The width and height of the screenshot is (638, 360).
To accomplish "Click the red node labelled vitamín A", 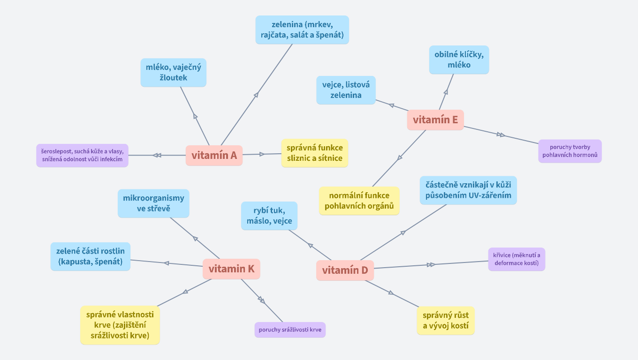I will [x=214, y=156].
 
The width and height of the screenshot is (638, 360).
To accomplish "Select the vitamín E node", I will [x=435, y=120].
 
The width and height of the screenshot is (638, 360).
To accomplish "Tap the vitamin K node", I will [x=231, y=269].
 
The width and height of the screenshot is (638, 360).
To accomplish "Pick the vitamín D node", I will [x=345, y=270].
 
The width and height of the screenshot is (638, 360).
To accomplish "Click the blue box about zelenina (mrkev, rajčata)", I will [x=302, y=30].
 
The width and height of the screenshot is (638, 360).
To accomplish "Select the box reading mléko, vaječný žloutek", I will [x=173, y=73].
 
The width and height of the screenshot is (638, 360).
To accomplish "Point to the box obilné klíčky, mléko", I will [x=459, y=60].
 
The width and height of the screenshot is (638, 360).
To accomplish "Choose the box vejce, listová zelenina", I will [x=346, y=90].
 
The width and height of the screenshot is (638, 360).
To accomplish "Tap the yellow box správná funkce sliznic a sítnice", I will [x=315, y=153].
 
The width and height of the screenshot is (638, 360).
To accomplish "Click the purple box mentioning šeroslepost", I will [x=82, y=155].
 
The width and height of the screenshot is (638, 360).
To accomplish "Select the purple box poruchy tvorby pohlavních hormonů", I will [x=570, y=151].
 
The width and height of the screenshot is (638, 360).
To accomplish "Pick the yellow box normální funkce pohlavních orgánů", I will [x=359, y=201].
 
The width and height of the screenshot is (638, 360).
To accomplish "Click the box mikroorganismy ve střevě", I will [x=153, y=203].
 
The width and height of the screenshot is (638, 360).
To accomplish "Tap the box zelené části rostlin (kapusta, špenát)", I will [x=91, y=256].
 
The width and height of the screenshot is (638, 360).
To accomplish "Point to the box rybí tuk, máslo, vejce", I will [x=269, y=216].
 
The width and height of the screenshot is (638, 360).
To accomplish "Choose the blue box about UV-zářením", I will [x=468, y=190].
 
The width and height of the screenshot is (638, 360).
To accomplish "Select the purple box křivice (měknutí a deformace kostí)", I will [x=516, y=259].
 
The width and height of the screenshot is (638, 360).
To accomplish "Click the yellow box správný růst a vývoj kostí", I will [x=446, y=321].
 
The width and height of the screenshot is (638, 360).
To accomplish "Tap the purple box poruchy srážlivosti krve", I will [x=290, y=330].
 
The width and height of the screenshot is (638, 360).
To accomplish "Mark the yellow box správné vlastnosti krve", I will [x=120, y=325].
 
